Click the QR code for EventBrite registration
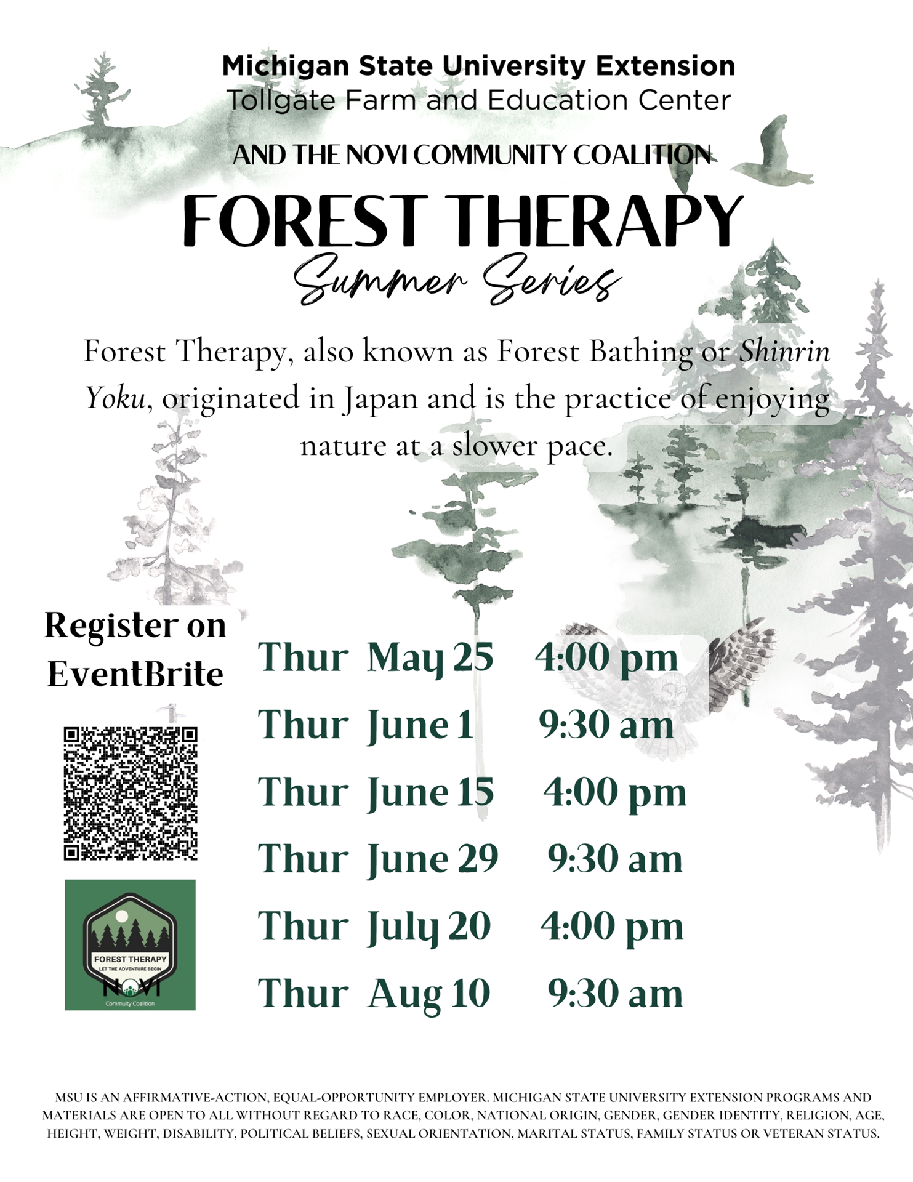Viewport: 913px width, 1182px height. click(131, 794)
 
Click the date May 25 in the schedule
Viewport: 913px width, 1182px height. click(430, 658)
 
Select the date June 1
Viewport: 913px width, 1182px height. click(420, 725)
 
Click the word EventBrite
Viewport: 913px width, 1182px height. click(135, 674)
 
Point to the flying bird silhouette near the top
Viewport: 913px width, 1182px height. click(774, 153)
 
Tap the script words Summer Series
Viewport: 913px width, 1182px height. click(457, 280)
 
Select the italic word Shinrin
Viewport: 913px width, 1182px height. click(784, 352)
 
